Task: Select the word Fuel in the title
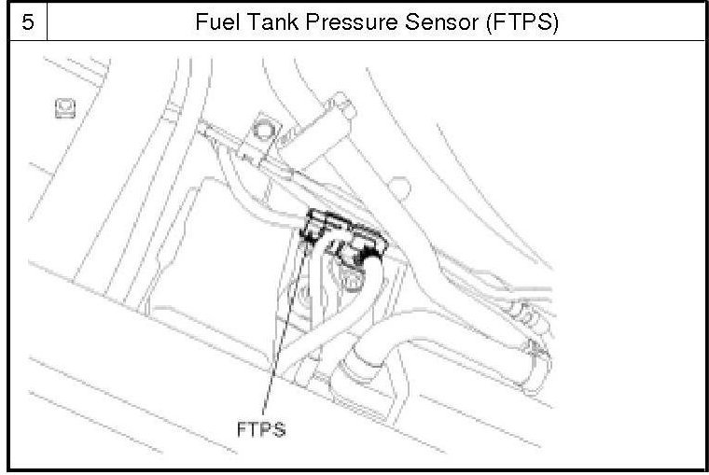(214, 22)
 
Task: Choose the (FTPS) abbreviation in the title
(520, 22)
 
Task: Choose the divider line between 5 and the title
(46, 22)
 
